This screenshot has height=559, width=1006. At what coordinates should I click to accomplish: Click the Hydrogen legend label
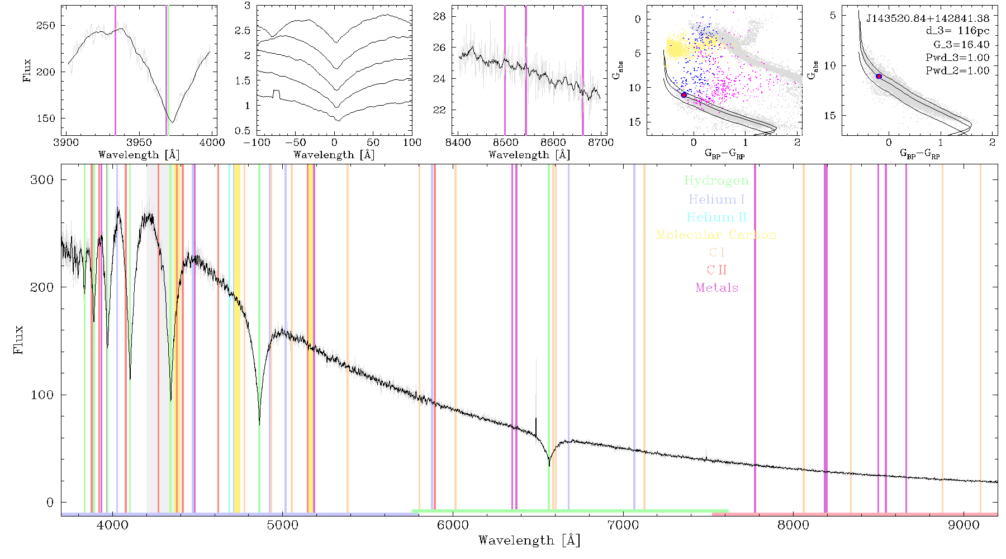point(716,181)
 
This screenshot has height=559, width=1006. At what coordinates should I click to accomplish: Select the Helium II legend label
point(716,217)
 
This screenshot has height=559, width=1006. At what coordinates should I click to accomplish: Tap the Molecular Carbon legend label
point(716,235)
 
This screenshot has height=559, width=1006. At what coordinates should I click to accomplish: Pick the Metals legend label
point(717,287)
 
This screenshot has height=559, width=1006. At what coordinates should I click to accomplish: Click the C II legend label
point(717,270)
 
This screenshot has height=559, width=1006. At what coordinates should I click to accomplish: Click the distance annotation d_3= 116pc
point(957,31)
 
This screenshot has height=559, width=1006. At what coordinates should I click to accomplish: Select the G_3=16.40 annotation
point(961,44)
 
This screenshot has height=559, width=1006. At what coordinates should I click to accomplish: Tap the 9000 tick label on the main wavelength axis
point(963,525)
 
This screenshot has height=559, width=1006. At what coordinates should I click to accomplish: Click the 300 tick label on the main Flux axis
point(42,179)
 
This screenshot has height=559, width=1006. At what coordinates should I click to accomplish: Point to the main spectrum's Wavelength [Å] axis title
point(529,541)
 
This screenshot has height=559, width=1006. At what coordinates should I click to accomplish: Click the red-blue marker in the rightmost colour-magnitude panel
point(879,76)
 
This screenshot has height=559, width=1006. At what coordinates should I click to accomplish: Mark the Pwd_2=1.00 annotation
point(957,70)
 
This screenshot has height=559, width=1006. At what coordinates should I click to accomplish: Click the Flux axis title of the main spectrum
point(19,339)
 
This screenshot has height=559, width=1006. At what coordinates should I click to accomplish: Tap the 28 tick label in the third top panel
point(440,16)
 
